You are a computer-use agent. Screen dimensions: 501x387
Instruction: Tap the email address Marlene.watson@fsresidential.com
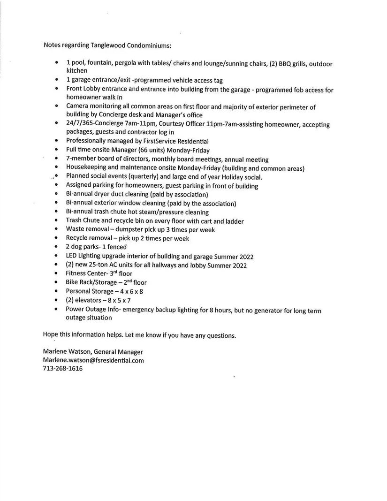coord(93,360)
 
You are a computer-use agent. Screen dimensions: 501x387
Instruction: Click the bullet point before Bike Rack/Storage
coord(56,282)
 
